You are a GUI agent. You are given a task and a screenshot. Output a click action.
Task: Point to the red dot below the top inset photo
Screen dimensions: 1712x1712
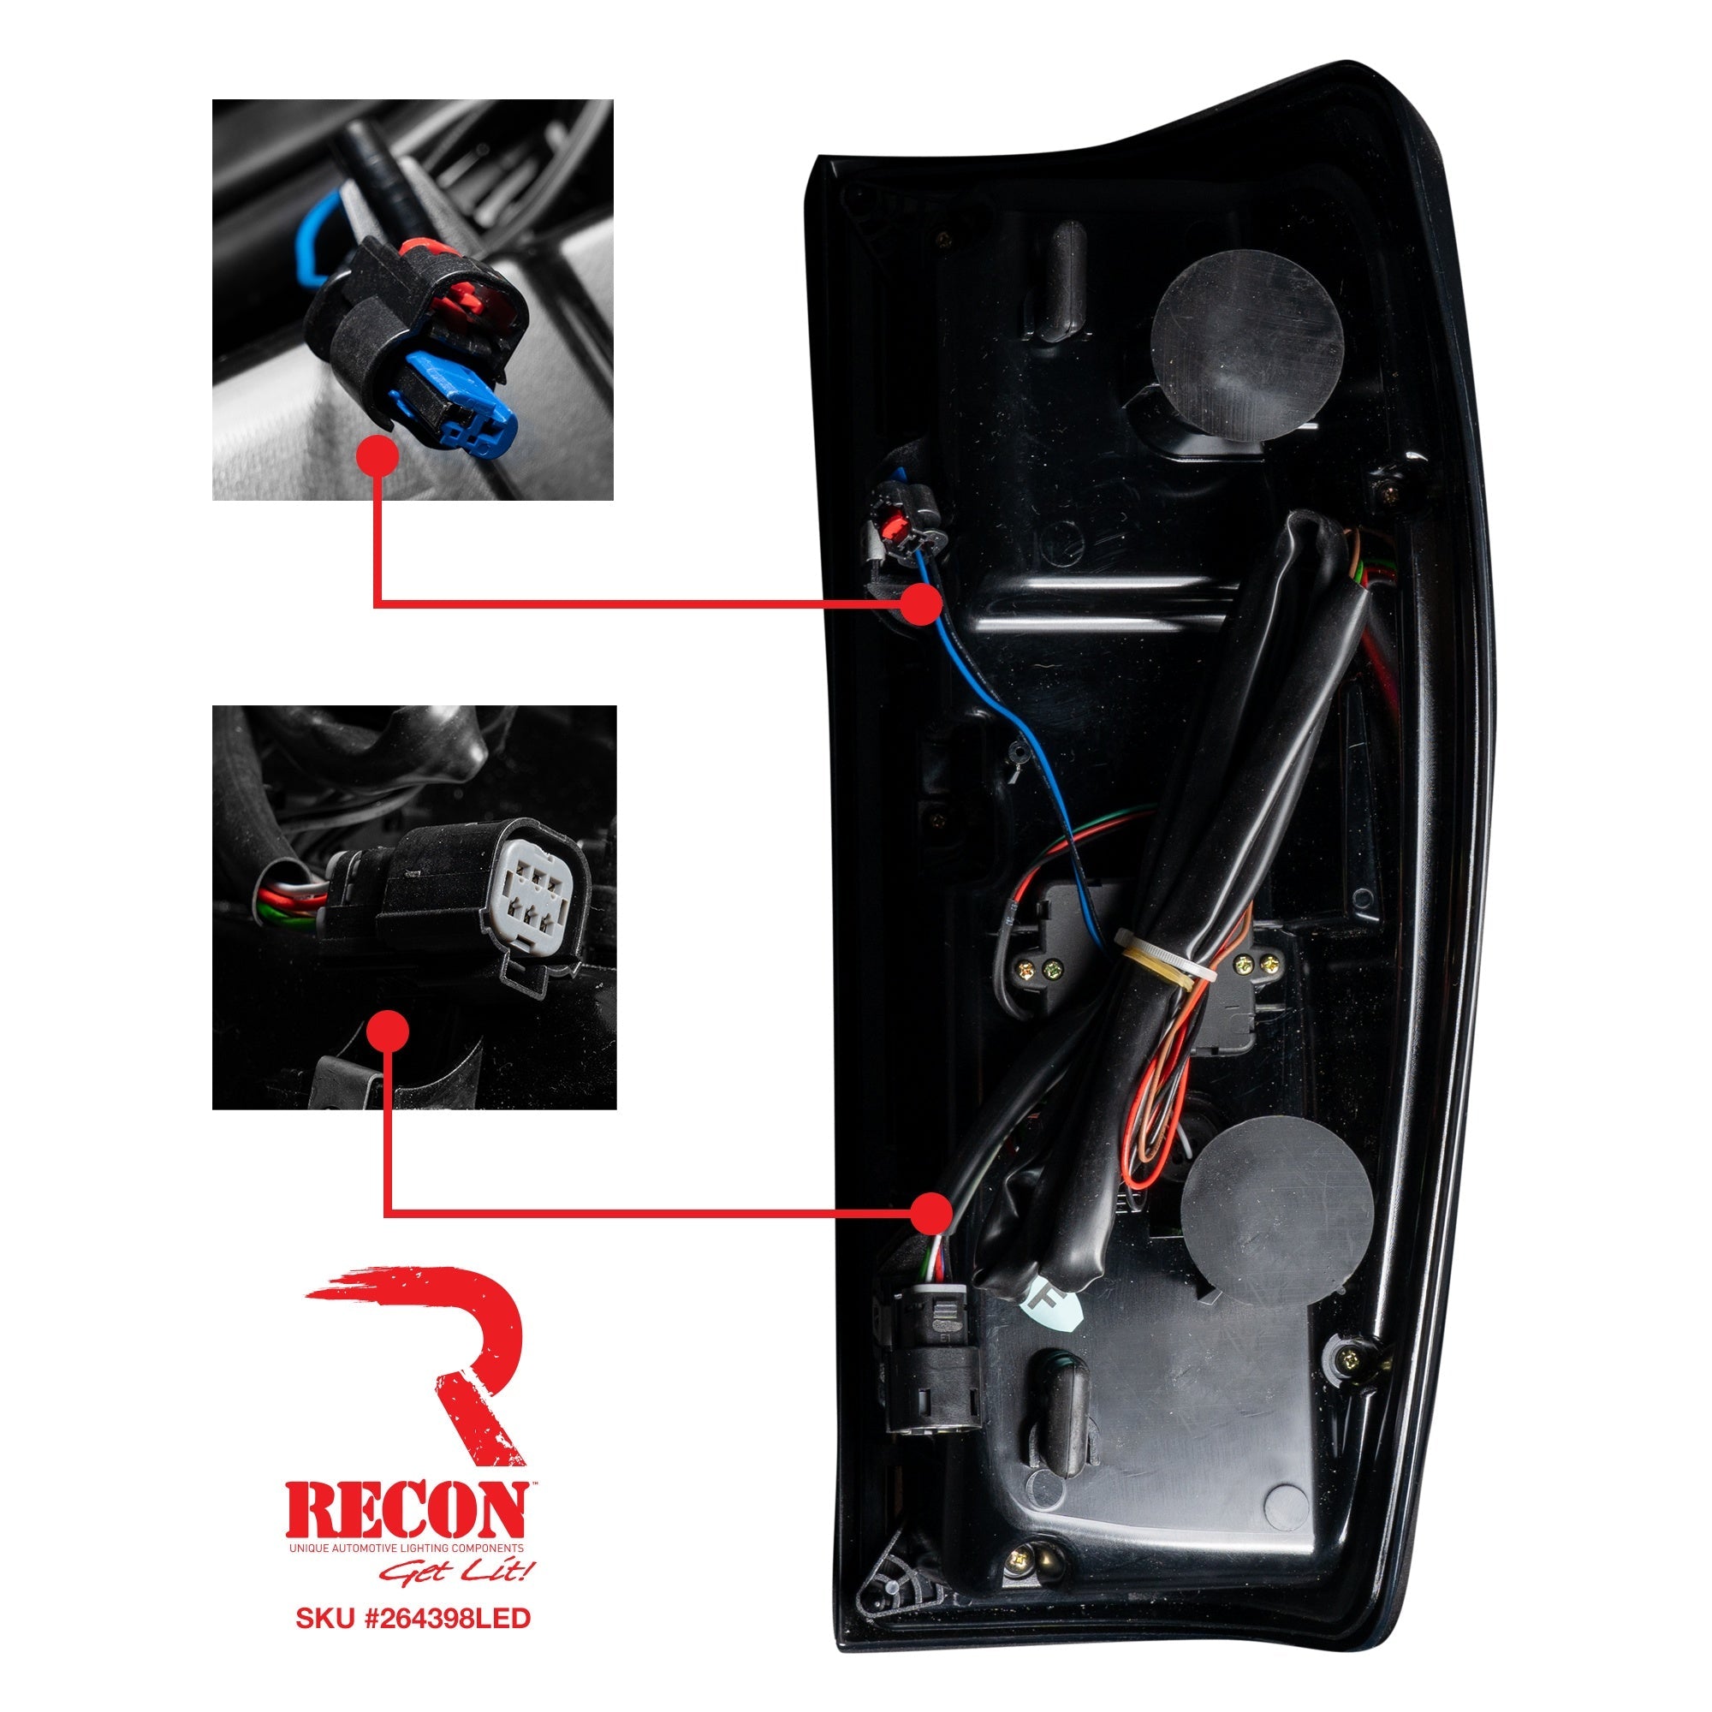click(377, 456)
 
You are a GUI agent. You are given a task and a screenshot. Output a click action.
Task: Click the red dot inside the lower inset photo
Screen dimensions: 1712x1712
click(387, 1031)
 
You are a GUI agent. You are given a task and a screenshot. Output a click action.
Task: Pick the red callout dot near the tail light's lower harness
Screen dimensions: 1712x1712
click(931, 1211)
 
